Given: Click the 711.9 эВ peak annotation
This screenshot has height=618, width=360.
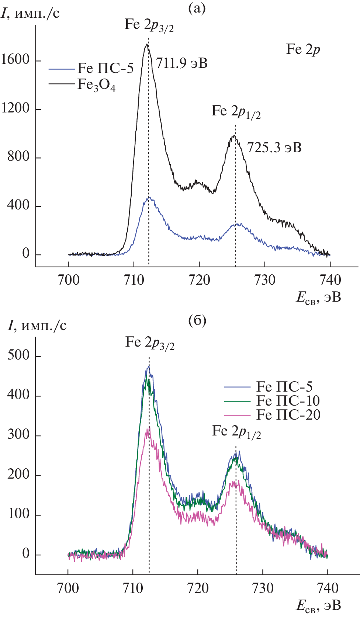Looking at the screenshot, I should pyautogui.click(x=181, y=63).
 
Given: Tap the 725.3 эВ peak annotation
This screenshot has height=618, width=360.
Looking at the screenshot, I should pyautogui.click(x=274, y=147).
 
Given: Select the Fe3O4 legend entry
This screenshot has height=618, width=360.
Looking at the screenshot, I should pyautogui.click(x=96, y=85).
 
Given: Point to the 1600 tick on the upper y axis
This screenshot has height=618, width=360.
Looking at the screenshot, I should pyautogui.click(x=15, y=59).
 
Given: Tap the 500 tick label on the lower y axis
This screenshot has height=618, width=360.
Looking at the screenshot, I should pyautogui.click(x=18, y=355).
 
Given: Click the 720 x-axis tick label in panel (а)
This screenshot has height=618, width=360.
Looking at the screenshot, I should pyautogui.click(x=199, y=280).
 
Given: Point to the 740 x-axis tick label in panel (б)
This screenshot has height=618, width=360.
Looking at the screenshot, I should pyautogui.click(x=328, y=588).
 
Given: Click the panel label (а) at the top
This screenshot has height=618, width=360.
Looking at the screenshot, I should pyautogui.click(x=197, y=8).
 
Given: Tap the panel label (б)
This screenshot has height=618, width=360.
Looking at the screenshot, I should pyautogui.click(x=197, y=321).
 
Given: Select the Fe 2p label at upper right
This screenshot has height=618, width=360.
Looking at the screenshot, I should pyautogui.click(x=303, y=49).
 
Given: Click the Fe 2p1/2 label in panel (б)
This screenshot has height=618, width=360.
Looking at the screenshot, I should pyautogui.click(x=236, y=431).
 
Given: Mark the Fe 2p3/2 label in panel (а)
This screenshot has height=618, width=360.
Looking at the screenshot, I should pyautogui.click(x=149, y=25).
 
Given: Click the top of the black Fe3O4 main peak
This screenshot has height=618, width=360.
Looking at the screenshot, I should pyautogui.click(x=146, y=44).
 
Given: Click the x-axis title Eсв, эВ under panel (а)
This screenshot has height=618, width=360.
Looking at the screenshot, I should pyautogui.click(x=319, y=297).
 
